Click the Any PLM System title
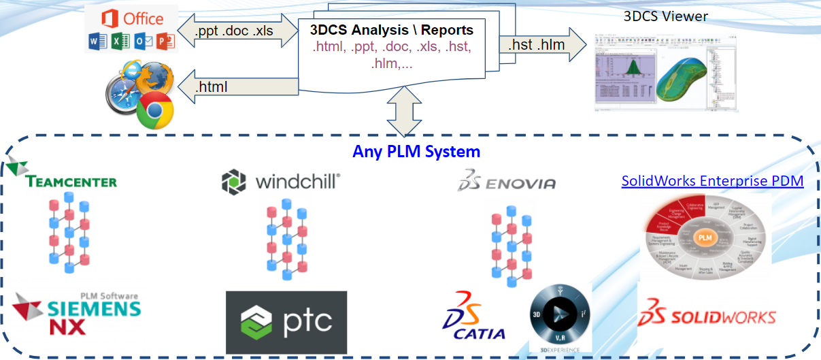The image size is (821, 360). click(x=416, y=151)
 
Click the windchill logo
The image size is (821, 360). click(x=280, y=182)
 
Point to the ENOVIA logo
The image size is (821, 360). click(x=506, y=181)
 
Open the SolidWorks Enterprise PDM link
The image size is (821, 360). click(x=712, y=181)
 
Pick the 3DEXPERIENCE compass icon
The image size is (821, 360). click(x=560, y=317)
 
